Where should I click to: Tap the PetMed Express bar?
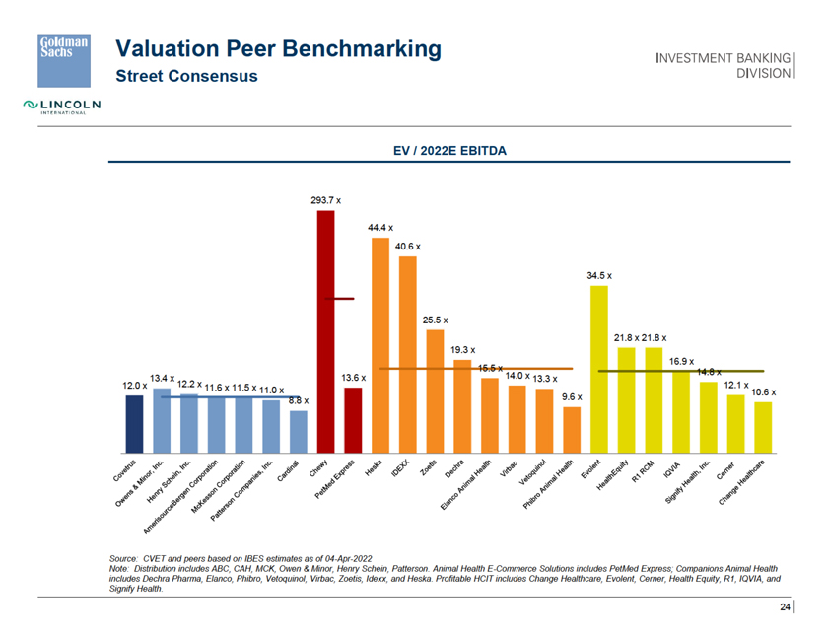pyautogui.click(x=353, y=417)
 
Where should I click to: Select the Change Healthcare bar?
pyautogui.click(x=763, y=424)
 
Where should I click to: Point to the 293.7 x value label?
pyautogui.click(x=326, y=200)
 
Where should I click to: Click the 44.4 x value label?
pyautogui.click(x=380, y=228)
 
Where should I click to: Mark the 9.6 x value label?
pyautogui.click(x=572, y=396)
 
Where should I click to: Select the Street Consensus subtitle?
pyautogui.click(x=186, y=75)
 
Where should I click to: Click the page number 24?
pyautogui.click(x=785, y=606)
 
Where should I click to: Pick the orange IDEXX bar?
pyautogui.click(x=407, y=351)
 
